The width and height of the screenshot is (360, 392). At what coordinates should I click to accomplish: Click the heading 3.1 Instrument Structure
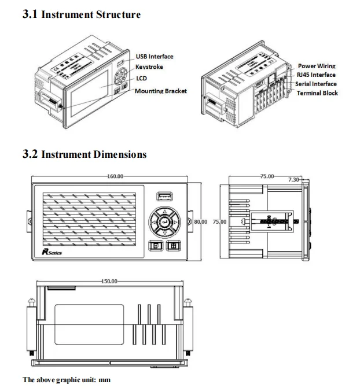(81, 14)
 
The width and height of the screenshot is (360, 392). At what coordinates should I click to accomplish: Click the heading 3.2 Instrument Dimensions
(84, 154)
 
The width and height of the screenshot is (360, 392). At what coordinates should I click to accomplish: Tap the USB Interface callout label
(155, 57)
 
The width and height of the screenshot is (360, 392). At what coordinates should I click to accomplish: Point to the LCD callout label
(141, 79)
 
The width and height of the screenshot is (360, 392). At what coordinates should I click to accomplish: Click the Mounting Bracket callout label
(160, 91)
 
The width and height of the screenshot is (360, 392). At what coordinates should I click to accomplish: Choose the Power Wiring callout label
(317, 66)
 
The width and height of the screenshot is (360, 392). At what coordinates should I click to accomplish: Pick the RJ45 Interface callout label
(316, 75)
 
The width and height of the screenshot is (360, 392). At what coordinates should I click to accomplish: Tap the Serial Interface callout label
(315, 84)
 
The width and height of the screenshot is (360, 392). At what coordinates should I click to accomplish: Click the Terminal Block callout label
(317, 93)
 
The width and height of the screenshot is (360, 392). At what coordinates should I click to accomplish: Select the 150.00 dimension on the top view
(109, 281)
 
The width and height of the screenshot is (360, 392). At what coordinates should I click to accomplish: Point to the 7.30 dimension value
(294, 180)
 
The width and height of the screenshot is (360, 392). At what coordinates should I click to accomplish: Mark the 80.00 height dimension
(200, 221)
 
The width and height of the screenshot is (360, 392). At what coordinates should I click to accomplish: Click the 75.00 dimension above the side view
(267, 175)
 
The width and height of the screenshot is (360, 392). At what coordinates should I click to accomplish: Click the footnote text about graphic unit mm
(66, 380)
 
